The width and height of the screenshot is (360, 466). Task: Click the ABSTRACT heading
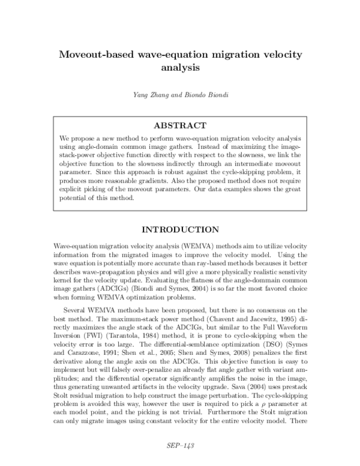pos(180,126)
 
